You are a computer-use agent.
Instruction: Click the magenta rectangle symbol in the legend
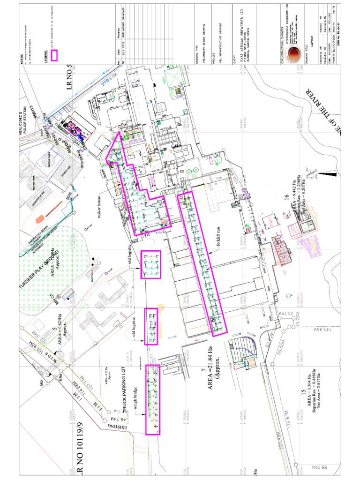[54, 55]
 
